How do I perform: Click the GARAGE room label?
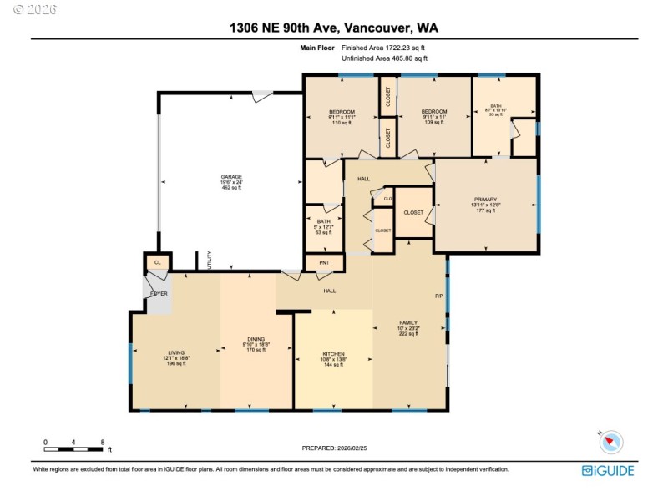coord(231,177)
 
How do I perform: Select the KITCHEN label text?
coord(333,354)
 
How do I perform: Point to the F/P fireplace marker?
coord(438,296)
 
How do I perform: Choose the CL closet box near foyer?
coord(156,263)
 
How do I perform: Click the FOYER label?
coord(159,294)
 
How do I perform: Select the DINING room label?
coord(256,339)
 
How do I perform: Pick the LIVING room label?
coord(175,353)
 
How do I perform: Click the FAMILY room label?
coord(408,322)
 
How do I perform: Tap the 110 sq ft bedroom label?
coord(342,112)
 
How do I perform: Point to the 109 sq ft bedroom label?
coord(433,112)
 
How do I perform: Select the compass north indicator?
coord(612,441)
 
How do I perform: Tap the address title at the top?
coord(333,28)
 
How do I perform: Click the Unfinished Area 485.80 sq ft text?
coord(384,58)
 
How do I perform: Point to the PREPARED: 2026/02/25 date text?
coord(334,448)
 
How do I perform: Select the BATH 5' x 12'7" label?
coord(323,221)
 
